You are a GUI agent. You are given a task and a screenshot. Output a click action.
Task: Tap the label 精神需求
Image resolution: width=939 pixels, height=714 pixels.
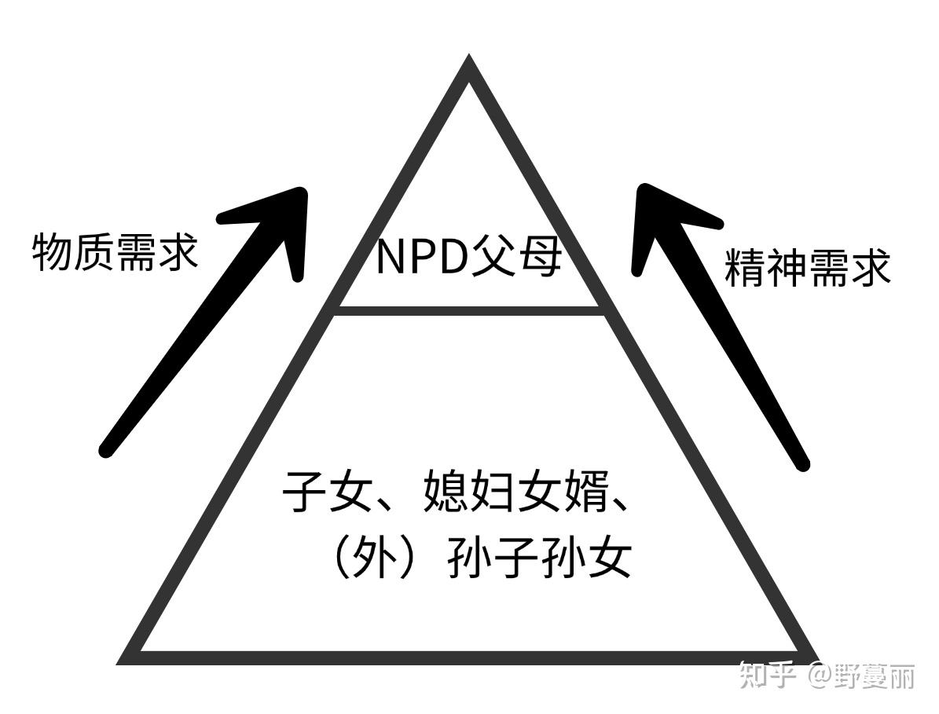tap(807, 269)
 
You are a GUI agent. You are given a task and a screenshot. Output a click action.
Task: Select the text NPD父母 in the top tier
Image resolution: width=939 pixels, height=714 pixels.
tap(469, 257)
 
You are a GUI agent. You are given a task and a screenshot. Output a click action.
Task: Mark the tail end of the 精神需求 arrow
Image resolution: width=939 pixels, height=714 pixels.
tap(801, 463)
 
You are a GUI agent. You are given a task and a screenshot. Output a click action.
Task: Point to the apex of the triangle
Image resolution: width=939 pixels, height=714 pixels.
tap(469, 63)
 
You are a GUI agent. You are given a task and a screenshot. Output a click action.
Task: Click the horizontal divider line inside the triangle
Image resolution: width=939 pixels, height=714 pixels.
tap(469, 310)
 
